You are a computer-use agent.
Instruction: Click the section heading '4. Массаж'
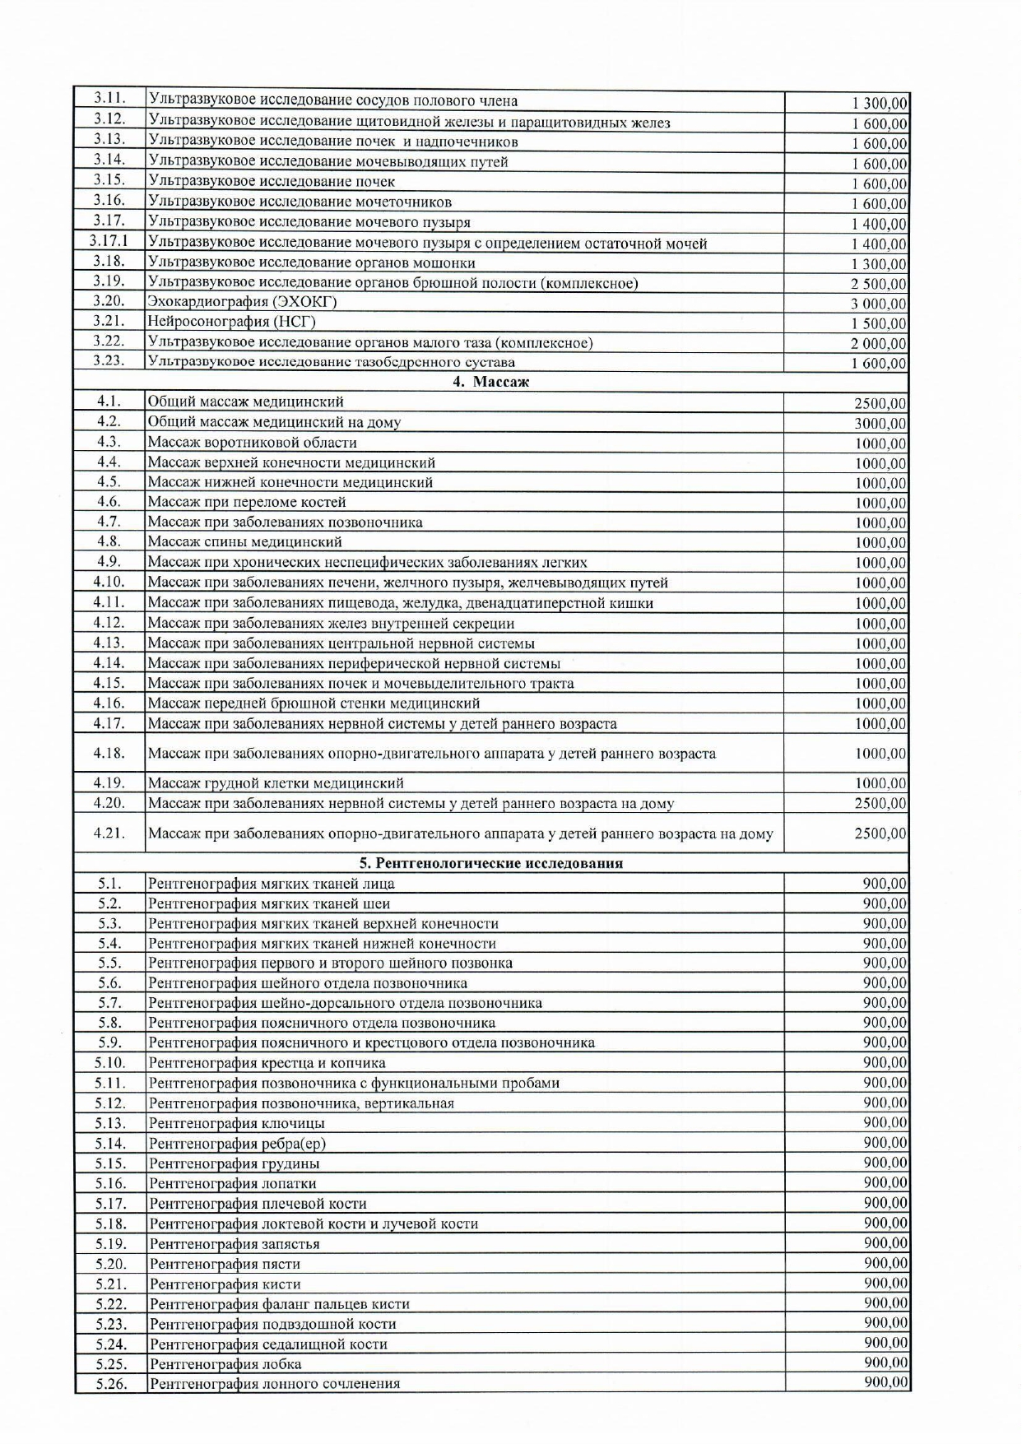[x=490, y=382]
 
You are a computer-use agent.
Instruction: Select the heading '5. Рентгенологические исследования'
[x=490, y=863]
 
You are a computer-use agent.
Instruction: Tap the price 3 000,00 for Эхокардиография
[x=879, y=304]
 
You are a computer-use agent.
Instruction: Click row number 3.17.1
[x=109, y=242]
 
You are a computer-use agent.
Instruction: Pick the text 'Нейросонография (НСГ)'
[x=231, y=322]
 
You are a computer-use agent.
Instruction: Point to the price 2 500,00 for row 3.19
[x=879, y=284]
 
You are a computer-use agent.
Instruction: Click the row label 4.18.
[x=109, y=753]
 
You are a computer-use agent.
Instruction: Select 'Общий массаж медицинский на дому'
[x=274, y=422]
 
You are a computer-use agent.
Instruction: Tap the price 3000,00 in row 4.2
[x=880, y=424]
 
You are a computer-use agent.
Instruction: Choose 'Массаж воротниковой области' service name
[x=252, y=443]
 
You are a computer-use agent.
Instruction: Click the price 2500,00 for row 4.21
[x=880, y=833]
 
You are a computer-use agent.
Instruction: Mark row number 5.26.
[x=111, y=1384]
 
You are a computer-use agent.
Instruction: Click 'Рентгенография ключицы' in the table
[x=236, y=1123]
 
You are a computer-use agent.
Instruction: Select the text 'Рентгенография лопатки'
[x=232, y=1183]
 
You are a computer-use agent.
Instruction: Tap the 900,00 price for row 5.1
[x=885, y=884]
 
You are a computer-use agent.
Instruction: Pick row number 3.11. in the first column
[x=109, y=100]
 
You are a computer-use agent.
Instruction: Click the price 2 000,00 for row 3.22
[x=879, y=344]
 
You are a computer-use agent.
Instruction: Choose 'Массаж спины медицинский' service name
[x=244, y=542]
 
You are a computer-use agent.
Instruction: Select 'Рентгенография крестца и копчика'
[x=267, y=1063]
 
